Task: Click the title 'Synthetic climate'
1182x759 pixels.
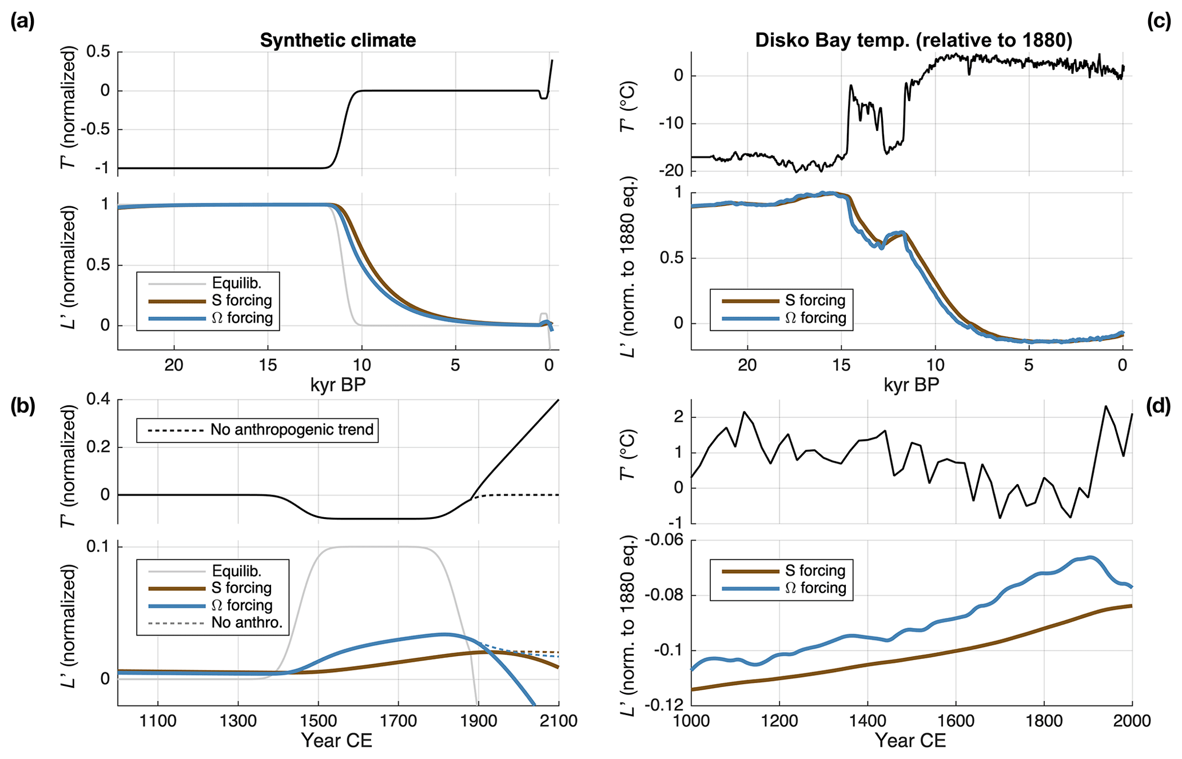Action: point(337,41)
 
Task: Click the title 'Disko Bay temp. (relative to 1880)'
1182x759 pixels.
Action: point(913,41)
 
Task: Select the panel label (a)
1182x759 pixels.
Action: point(23,22)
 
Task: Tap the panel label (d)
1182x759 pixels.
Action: point(1159,406)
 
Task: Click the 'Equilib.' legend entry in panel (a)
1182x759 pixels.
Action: point(236,283)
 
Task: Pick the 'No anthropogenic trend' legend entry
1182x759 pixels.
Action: point(292,429)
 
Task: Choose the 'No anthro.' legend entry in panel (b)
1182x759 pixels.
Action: point(246,622)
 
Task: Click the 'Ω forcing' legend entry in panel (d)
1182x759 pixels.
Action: point(815,588)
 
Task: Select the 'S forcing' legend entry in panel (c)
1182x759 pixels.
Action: point(815,300)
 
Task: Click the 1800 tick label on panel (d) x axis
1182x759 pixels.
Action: point(1044,721)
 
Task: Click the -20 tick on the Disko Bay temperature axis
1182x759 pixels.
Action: point(670,171)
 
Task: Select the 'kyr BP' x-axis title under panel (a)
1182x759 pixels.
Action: point(337,385)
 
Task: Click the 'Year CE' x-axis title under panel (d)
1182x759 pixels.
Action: point(910,741)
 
